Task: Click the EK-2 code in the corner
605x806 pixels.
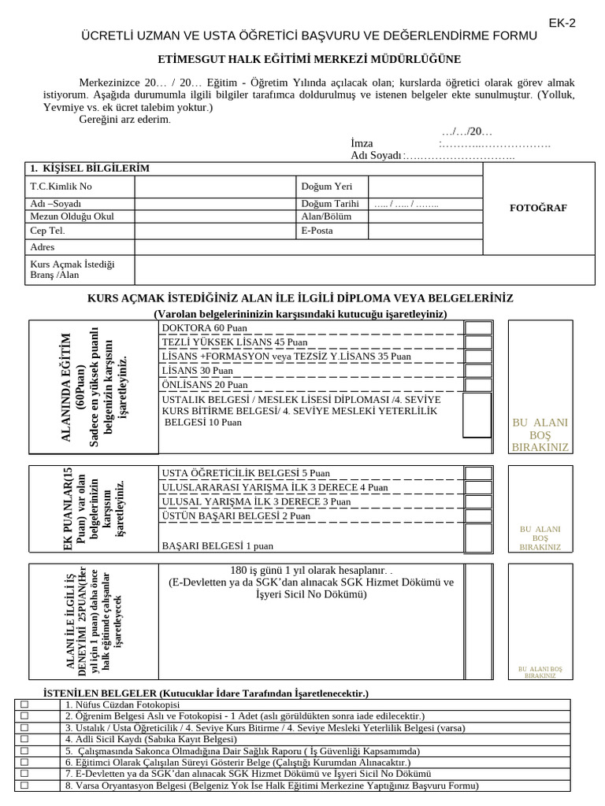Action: tap(562, 23)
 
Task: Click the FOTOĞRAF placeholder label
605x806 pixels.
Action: tap(540, 208)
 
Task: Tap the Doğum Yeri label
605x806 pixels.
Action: tap(322, 187)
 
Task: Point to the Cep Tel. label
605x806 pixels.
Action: tap(48, 231)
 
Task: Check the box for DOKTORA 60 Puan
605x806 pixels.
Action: tap(477, 328)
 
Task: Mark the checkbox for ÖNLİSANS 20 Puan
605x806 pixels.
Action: tap(477, 385)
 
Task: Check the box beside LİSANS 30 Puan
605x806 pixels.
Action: tap(477, 371)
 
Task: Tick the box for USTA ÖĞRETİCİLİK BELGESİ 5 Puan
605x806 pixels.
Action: tap(477, 473)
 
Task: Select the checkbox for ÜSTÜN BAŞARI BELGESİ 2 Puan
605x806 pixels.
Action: tap(477, 516)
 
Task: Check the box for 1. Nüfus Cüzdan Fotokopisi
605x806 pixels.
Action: tap(24, 704)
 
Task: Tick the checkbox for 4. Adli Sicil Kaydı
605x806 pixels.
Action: tap(24, 740)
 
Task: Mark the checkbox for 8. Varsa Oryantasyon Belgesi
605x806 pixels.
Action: tap(24, 786)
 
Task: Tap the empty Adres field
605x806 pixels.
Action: tap(307, 246)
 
